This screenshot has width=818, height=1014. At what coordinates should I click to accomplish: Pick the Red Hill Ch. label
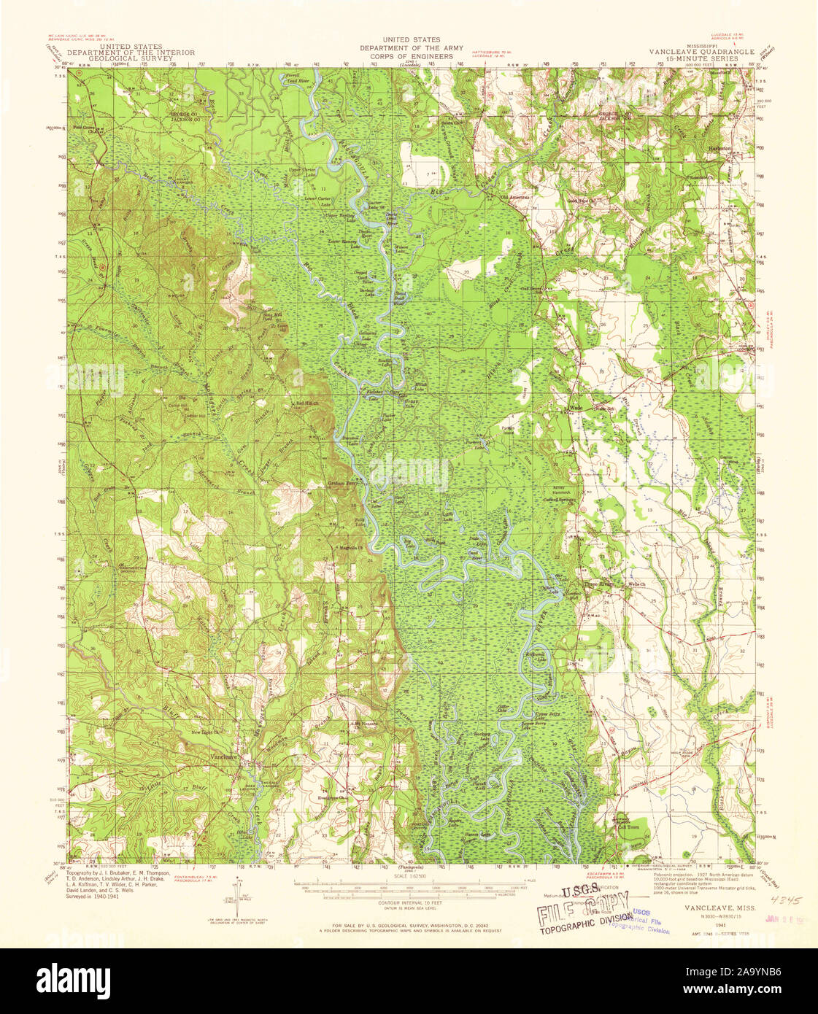(x=306, y=403)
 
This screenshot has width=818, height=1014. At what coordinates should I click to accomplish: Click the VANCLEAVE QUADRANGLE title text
(x=697, y=53)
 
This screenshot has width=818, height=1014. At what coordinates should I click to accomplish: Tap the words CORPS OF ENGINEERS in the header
(x=411, y=56)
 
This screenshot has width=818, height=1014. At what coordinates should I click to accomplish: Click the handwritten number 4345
(x=783, y=901)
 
